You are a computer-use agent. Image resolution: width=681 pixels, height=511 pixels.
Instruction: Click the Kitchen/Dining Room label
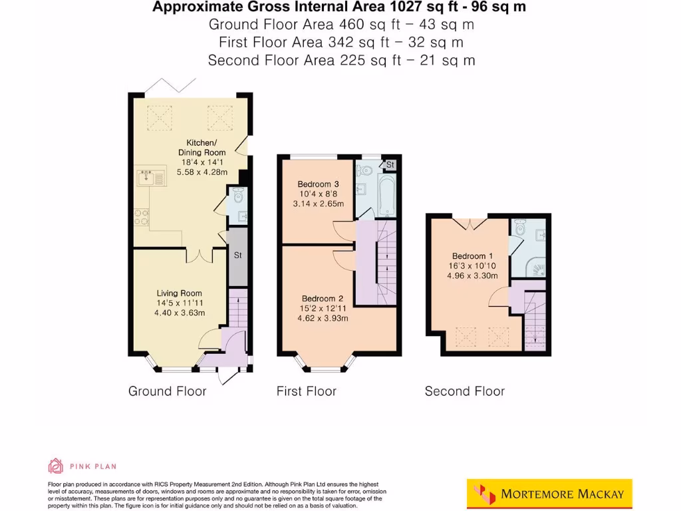point(201,148)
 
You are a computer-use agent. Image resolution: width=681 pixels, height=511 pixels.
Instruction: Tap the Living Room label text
point(180,293)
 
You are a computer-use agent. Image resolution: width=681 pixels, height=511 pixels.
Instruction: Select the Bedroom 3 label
point(314,184)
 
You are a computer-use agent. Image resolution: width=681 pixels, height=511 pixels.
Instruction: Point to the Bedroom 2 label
point(323,298)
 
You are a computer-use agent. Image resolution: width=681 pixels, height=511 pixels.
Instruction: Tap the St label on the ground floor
point(237,255)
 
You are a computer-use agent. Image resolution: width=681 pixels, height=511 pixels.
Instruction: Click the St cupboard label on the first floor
point(390,164)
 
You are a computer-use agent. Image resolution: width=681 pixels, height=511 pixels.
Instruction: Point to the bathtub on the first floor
point(386,193)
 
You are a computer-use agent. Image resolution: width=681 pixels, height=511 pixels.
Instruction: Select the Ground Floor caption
point(168,391)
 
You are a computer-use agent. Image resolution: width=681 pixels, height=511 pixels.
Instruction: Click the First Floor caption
point(307,391)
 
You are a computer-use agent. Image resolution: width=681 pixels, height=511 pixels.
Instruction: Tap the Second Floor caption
point(465,391)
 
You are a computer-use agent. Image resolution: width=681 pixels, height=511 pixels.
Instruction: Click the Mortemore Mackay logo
point(549,494)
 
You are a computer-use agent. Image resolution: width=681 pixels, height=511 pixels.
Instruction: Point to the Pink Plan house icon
point(56,465)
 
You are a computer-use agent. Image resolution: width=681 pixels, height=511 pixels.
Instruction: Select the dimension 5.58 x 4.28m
point(202,172)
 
